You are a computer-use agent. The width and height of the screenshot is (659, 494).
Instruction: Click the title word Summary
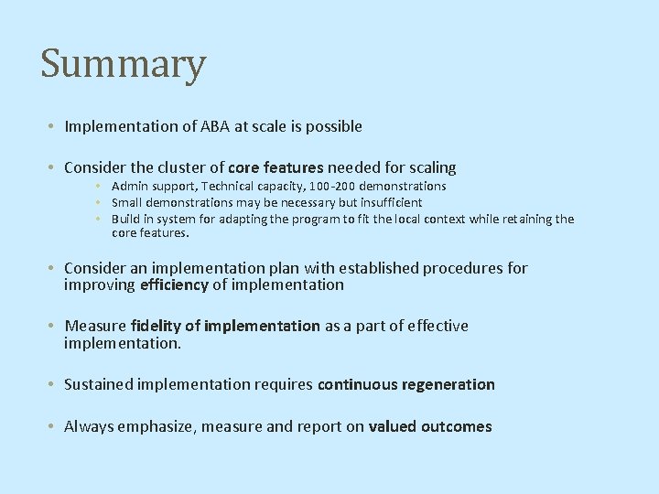pos(124,65)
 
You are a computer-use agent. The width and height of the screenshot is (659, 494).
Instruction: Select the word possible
pos(332,126)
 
